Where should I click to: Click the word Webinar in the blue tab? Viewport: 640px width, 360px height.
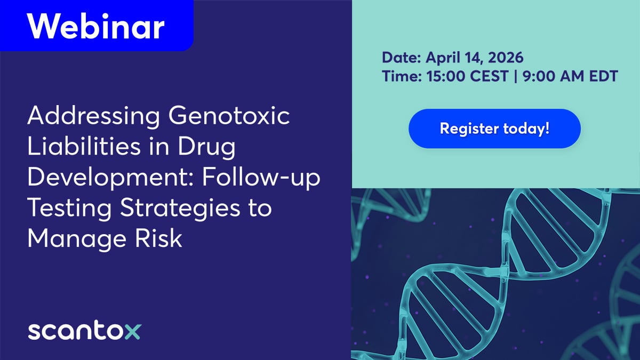click(95, 26)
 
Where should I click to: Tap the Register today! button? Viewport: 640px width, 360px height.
click(494, 129)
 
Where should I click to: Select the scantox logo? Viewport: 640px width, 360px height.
click(85, 330)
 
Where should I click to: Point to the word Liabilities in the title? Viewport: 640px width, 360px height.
click(84, 146)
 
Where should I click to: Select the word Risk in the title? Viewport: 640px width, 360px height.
click(158, 238)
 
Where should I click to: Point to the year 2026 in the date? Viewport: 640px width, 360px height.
click(506, 58)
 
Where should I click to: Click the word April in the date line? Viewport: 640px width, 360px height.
click(443, 58)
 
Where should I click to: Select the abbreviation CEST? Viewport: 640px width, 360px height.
click(489, 76)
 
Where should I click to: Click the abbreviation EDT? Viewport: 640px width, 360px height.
click(603, 76)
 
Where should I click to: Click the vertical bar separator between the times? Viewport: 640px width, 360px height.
click(515, 76)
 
